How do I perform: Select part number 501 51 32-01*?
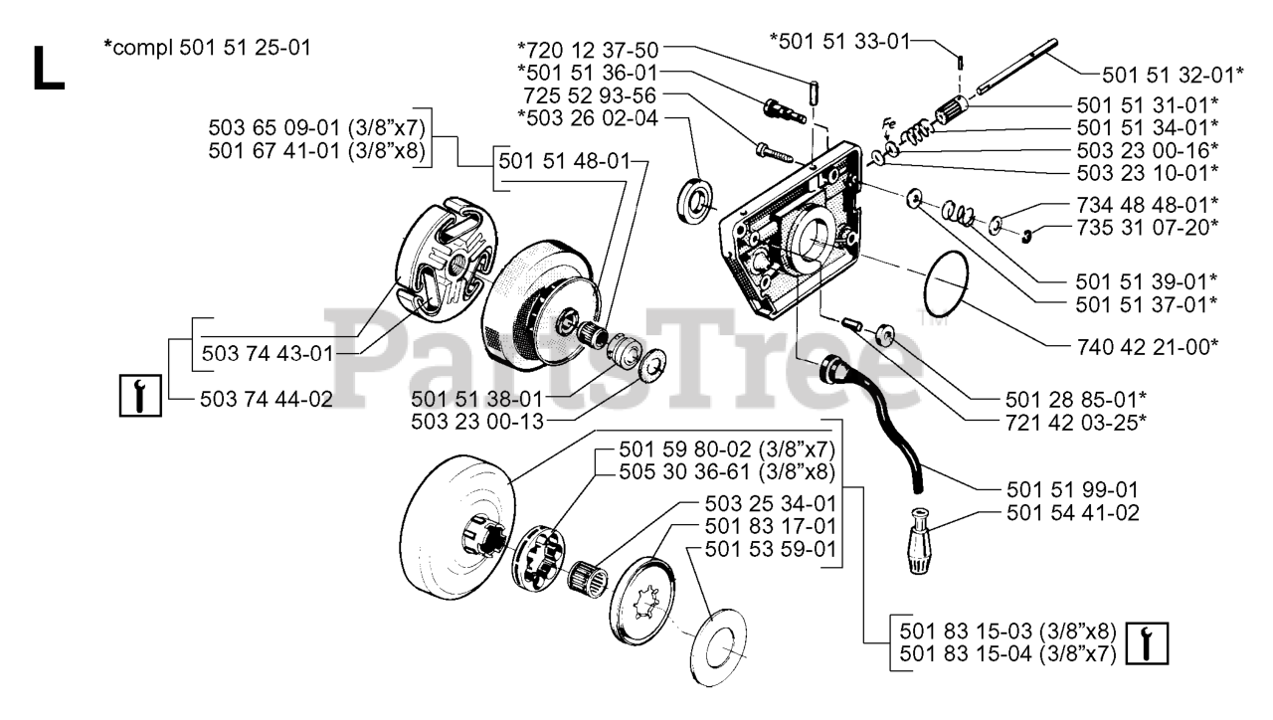[x=1159, y=75]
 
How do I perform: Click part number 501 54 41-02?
[x=1072, y=514]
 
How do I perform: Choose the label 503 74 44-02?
[x=266, y=400]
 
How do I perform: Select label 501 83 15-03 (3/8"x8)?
[x=1007, y=631]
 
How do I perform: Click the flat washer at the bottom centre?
[x=719, y=643]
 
